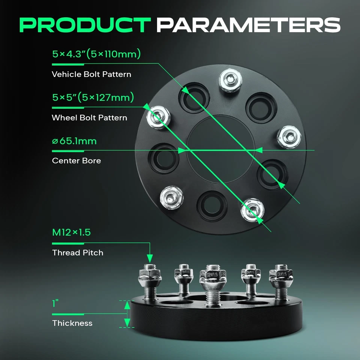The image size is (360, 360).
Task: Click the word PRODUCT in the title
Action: point(85,24)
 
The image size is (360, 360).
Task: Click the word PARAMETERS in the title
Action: point(248,24)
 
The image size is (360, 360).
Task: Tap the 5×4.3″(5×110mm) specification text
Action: point(96,54)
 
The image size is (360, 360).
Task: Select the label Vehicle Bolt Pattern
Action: point(91,74)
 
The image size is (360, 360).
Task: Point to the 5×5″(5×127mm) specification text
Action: point(93,98)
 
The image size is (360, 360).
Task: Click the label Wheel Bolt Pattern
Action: point(89,118)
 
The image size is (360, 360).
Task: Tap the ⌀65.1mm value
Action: point(74,141)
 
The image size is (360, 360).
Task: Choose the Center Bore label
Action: point(76,161)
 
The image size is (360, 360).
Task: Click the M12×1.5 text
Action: point(71,232)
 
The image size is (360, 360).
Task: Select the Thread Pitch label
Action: point(78,253)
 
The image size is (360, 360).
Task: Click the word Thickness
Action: point(72,323)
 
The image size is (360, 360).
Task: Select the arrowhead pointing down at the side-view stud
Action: point(150,258)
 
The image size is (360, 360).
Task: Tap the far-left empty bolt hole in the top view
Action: point(163,158)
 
